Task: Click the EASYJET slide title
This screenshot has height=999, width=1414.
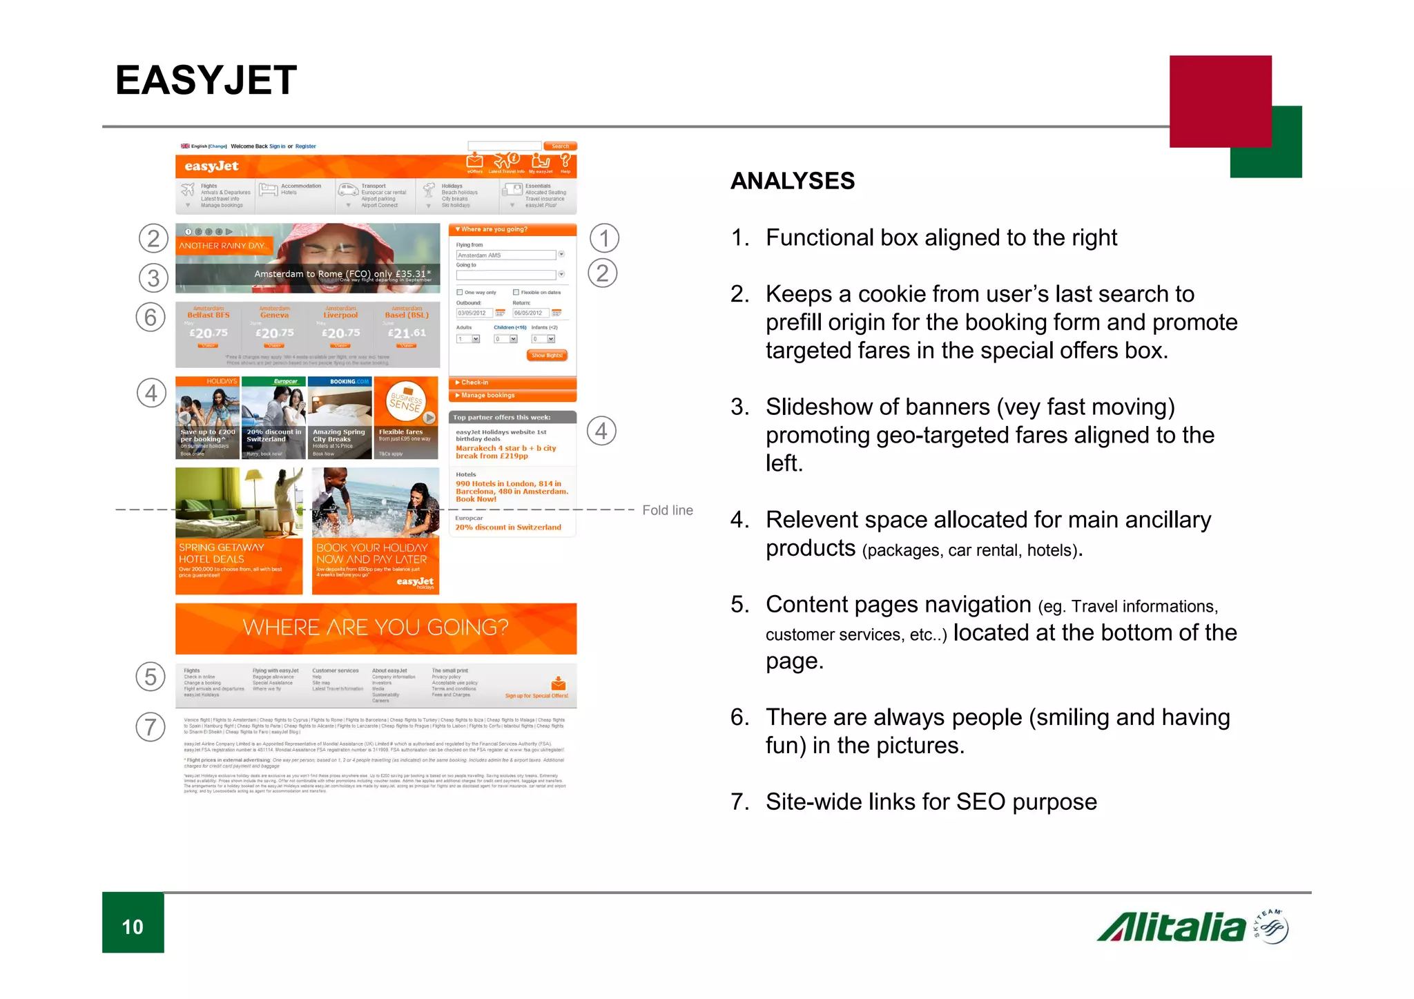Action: coord(206,80)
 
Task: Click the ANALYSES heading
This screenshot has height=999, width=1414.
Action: coord(792,181)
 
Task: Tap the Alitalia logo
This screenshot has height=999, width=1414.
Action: coord(1192,927)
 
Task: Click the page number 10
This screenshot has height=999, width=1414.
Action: coord(133,927)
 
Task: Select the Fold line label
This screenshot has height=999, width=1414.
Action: coord(667,510)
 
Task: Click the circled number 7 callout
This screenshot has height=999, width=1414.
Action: coord(151,727)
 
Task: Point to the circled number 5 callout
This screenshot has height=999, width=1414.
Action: coord(151,677)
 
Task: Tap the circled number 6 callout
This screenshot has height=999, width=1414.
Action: coord(151,318)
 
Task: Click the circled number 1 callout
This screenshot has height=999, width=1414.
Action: coord(604,238)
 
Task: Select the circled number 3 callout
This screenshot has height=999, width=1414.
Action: coord(153,278)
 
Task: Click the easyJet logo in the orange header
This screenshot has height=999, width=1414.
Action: coord(211,166)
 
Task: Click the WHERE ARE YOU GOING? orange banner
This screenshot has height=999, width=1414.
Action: coord(376,628)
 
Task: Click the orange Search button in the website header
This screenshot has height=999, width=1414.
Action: coord(560,146)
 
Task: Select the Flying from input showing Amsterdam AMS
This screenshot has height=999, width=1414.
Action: coord(505,255)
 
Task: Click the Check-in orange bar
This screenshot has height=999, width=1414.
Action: coord(512,382)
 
